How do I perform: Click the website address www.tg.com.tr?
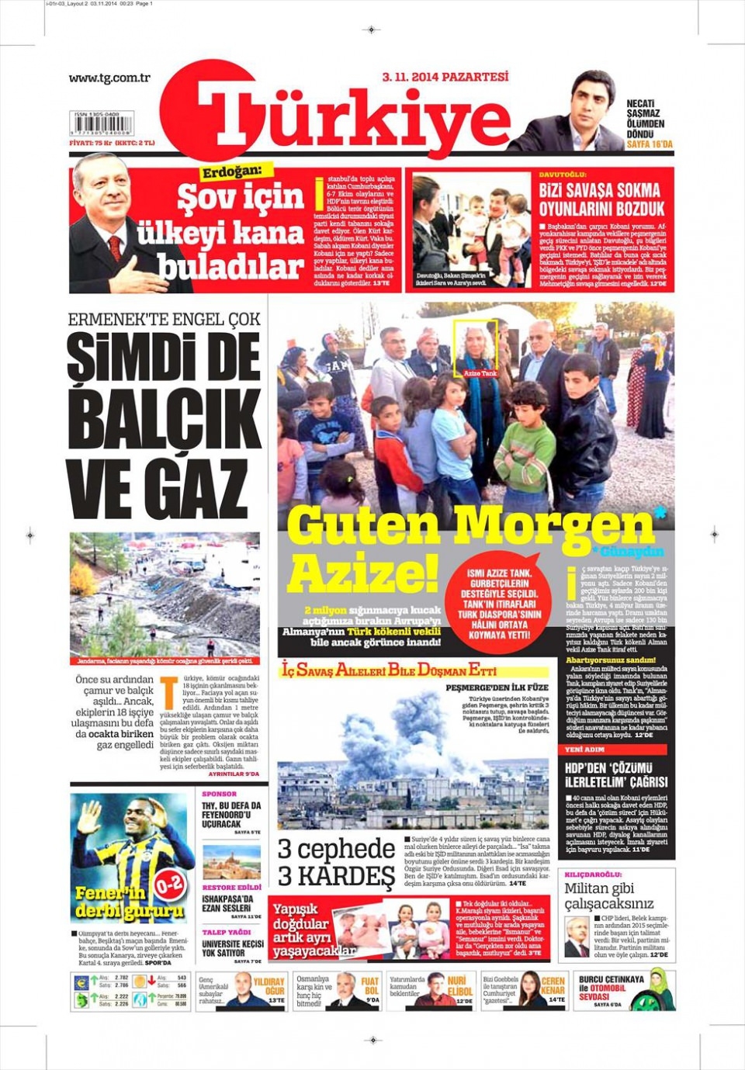[x=109, y=78]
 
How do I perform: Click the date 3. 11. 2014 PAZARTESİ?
[x=445, y=77]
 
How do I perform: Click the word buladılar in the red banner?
[x=230, y=266]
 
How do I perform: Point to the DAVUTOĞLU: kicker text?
[x=563, y=175]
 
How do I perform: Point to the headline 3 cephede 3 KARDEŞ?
[x=336, y=863]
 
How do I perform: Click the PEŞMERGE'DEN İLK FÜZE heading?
[x=497, y=687]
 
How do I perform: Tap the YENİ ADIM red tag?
[x=584, y=750]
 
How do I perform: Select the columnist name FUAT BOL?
[x=370, y=986]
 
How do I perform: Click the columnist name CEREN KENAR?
[x=553, y=986]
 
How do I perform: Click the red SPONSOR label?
[x=219, y=794]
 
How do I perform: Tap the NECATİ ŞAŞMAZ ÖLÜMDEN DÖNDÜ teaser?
[x=646, y=119]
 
